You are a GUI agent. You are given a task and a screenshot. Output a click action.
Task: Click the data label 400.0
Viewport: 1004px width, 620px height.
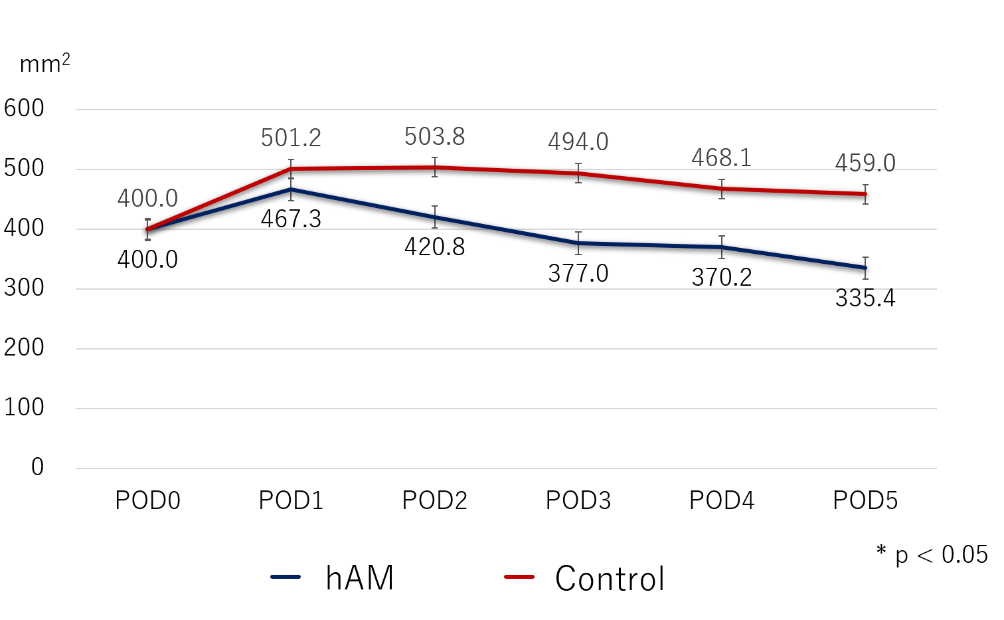[147, 199]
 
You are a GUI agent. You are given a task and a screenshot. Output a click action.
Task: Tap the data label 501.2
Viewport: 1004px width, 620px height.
[291, 138]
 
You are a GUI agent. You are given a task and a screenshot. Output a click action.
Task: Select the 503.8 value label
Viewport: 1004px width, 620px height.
[434, 137]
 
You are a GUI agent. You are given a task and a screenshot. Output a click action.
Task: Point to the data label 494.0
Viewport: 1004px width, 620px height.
[578, 142]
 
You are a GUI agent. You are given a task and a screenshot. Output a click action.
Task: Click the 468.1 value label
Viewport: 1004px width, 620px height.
[721, 158]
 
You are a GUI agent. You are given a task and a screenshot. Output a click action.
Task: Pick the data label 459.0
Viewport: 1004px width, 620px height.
[865, 163]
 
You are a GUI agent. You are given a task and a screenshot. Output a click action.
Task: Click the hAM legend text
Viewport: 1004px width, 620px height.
[359, 577]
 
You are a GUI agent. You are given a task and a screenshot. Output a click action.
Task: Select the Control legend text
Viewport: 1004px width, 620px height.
[610, 579]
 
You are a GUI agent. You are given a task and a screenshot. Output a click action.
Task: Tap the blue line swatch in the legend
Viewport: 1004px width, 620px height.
[286, 577]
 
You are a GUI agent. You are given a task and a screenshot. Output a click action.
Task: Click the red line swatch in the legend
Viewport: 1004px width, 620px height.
[519, 577]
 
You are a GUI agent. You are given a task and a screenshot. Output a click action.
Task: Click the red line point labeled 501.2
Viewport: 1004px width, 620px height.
[291, 169]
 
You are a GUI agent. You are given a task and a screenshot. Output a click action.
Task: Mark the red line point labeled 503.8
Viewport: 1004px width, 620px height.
[434, 167]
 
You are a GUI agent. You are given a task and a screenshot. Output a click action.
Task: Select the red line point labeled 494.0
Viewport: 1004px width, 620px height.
[578, 173]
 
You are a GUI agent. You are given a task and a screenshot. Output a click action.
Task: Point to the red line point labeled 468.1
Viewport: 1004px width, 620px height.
[722, 189]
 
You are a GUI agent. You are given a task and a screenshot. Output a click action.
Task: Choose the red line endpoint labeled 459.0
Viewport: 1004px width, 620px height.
[865, 194]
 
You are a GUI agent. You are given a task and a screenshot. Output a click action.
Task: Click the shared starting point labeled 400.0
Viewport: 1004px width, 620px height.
[147, 229]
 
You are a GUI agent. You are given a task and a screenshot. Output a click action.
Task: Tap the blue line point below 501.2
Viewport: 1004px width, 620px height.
[291, 189]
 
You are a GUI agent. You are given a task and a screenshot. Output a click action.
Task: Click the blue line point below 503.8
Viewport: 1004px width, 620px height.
[434, 217]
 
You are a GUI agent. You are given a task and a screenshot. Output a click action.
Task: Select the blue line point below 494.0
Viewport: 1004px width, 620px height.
[578, 243]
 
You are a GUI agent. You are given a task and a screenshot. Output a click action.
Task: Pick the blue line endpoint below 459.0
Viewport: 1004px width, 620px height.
[865, 268]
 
